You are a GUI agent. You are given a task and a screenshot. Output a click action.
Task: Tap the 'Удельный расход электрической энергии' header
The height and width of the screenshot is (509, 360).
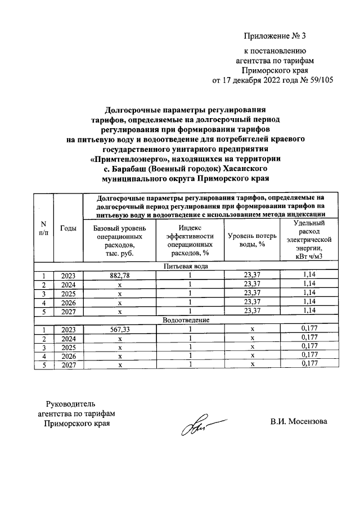pyautogui.click(x=309, y=240)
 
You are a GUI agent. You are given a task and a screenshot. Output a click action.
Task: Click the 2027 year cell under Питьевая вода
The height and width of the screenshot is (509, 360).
pyautogui.click(x=68, y=311)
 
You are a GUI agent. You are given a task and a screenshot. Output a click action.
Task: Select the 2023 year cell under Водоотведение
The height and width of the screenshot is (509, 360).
pyautogui.click(x=68, y=329)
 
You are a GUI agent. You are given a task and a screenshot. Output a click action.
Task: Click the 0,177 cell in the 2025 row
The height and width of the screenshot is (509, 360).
pyautogui.click(x=309, y=347)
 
